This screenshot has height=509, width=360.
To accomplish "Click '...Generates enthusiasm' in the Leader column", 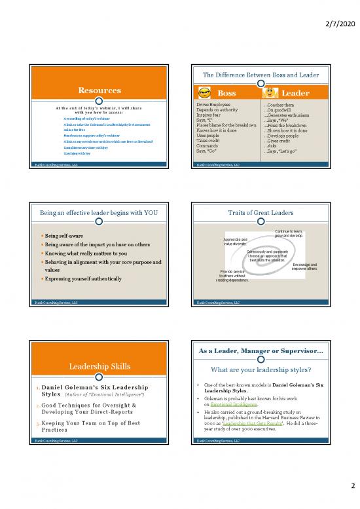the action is point(286,115).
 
